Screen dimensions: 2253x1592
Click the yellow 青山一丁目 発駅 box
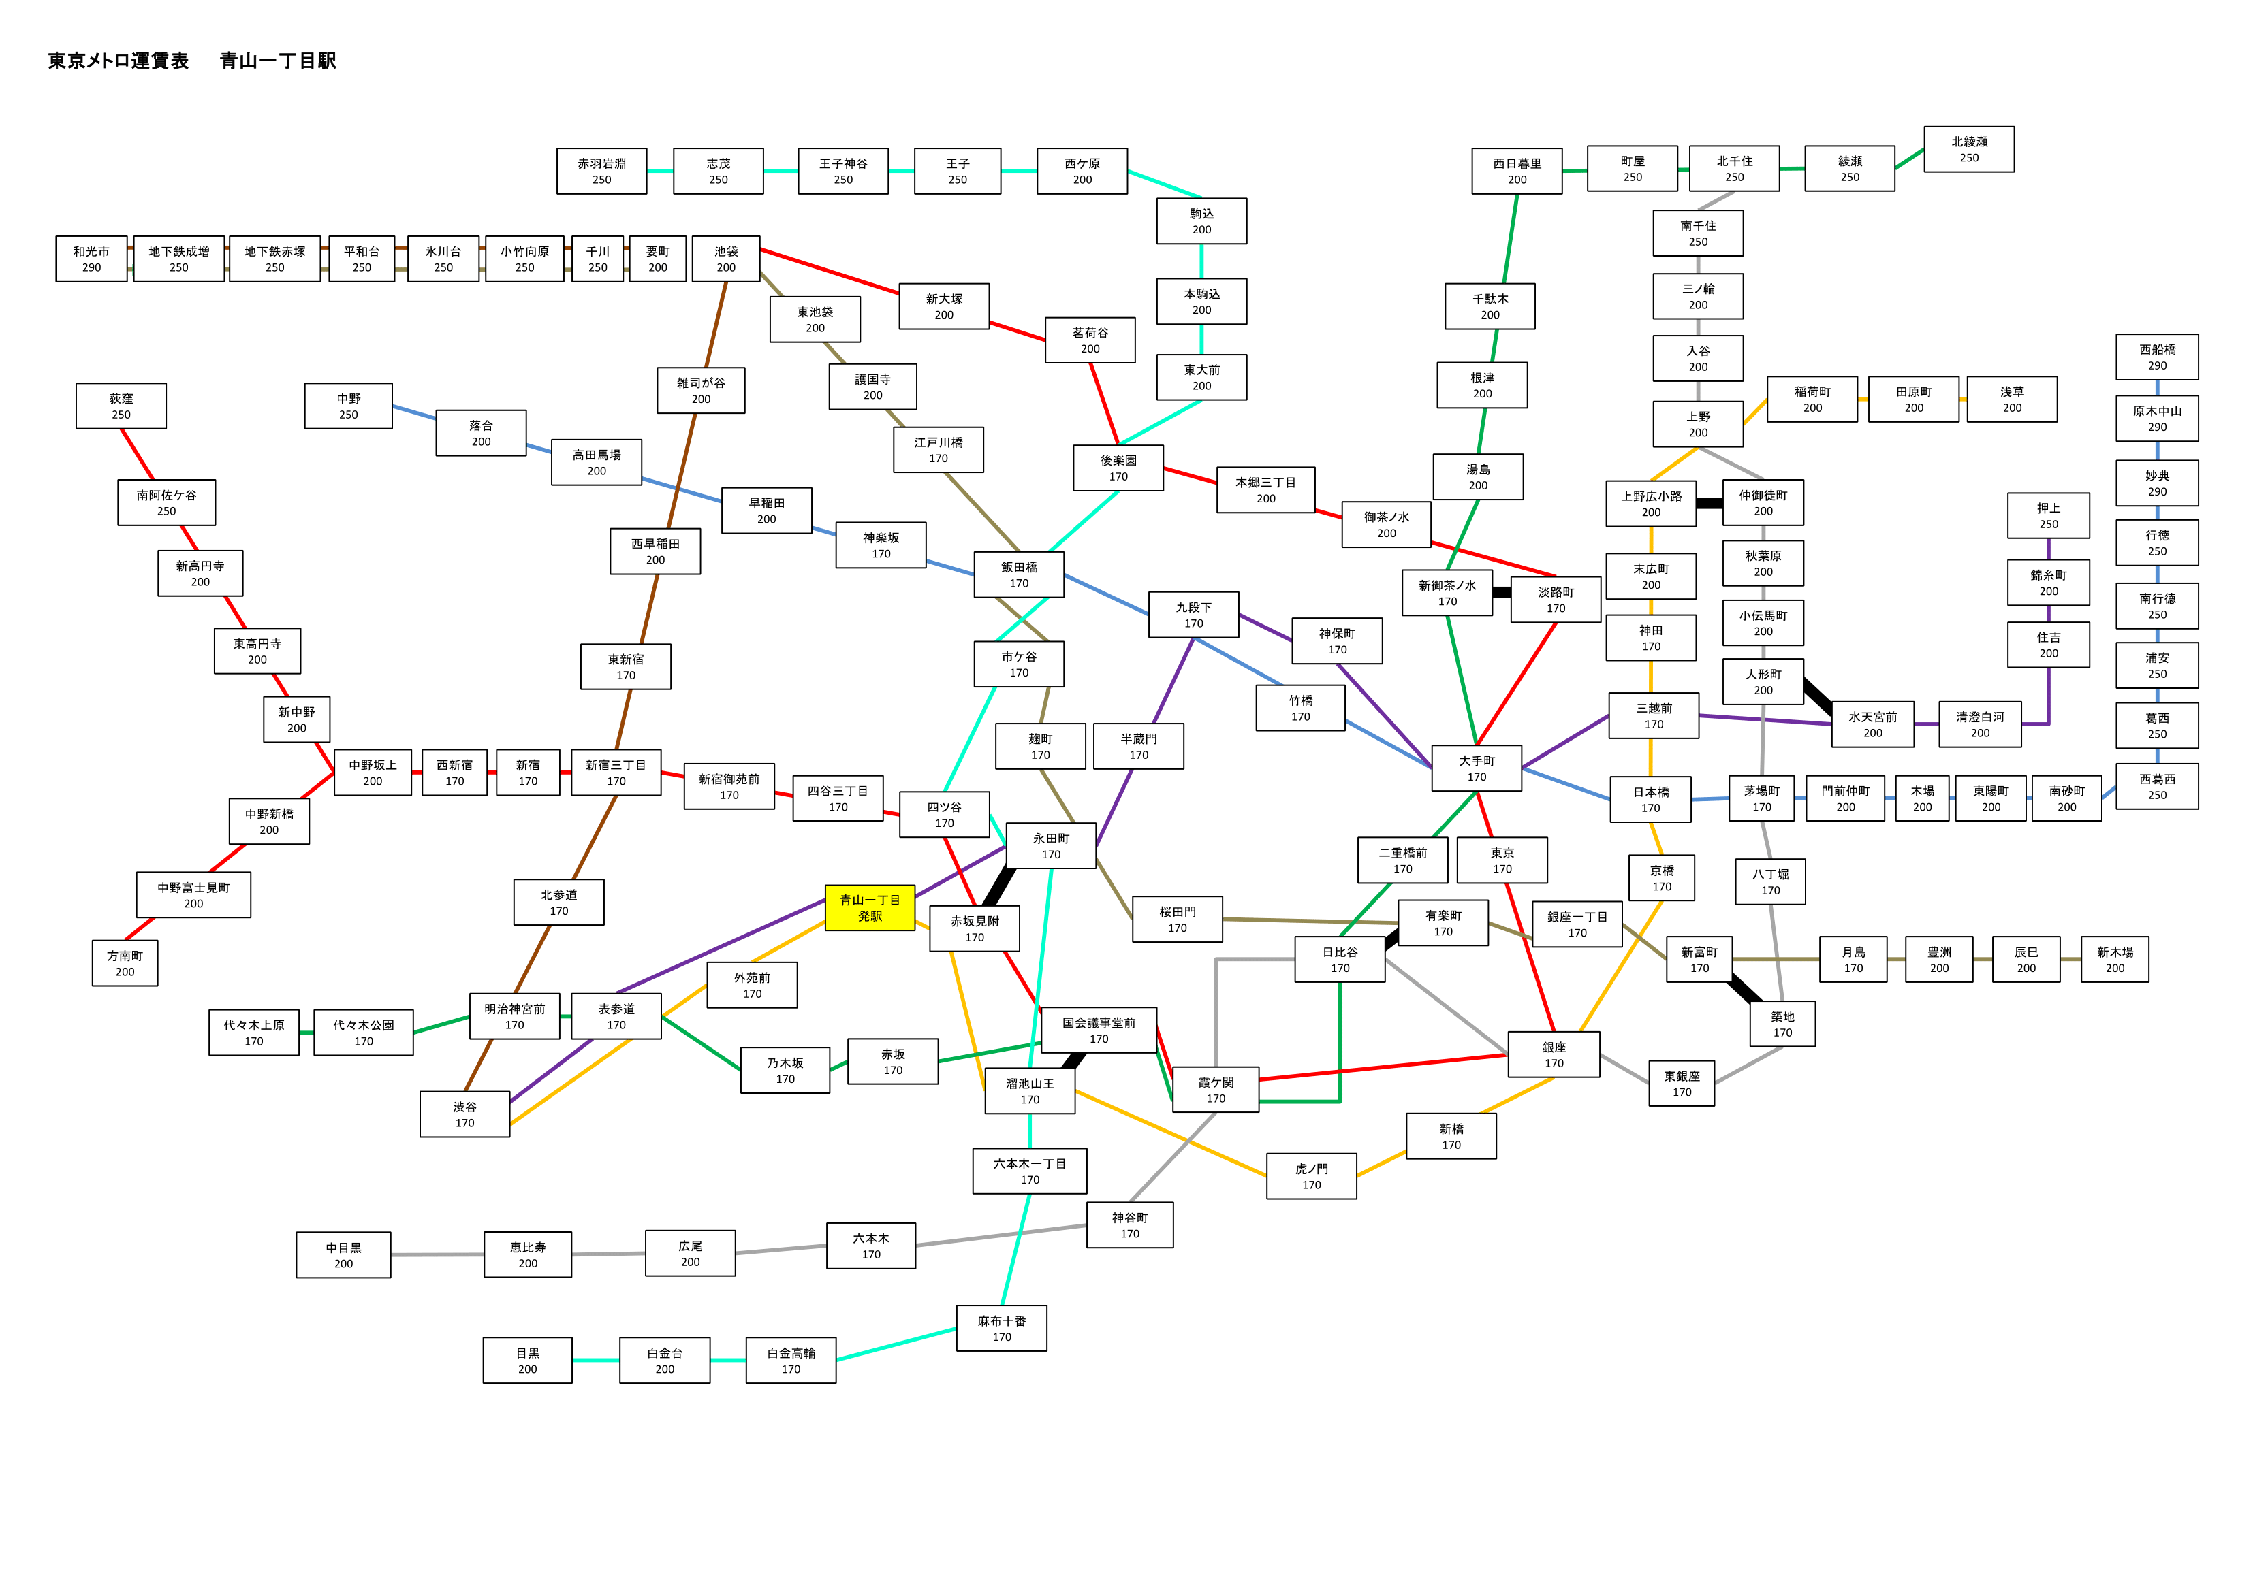[x=870, y=907]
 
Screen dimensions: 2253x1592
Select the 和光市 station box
[x=91, y=259]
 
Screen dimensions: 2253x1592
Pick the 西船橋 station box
[x=2157, y=357]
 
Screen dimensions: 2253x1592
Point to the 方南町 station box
[x=125, y=963]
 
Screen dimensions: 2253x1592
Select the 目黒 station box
[x=528, y=1361]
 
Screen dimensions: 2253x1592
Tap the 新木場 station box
[x=2115, y=959]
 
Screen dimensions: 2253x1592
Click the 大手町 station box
[x=1477, y=768]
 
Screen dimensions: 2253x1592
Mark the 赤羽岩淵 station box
[x=601, y=172]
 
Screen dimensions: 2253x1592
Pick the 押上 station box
[x=2049, y=516]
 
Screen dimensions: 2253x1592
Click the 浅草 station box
[x=2012, y=400]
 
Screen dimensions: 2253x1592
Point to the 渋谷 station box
[x=465, y=1114]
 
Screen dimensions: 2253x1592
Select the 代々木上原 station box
[x=254, y=1033]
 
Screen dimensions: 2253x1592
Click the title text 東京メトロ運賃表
[x=118, y=61]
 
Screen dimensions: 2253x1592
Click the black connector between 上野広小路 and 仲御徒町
[x=1710, y=503]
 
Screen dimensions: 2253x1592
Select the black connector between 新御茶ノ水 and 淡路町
[x=1501, y=592]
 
